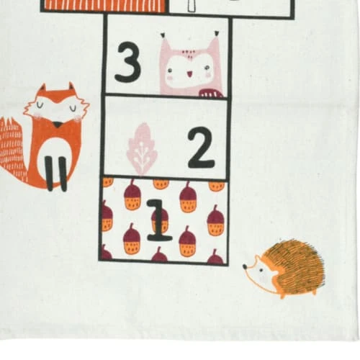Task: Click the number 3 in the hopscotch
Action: point(127,62)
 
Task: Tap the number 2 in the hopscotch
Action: point(201,148)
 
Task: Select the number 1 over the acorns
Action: point(159,220)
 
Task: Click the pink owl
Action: point(191,65)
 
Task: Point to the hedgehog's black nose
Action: point(245,266)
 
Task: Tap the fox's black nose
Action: point(57,125)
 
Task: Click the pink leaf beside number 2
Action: point(142,149)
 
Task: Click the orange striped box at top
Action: point(104,5)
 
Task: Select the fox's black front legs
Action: point(57,174)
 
